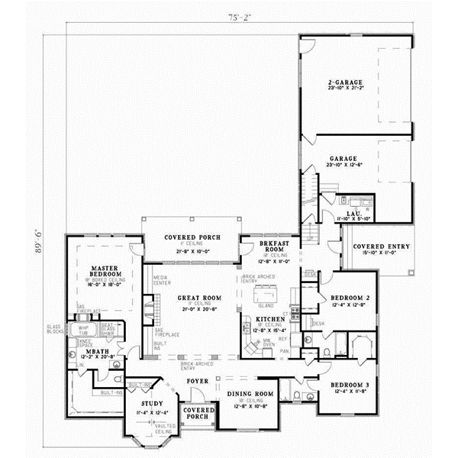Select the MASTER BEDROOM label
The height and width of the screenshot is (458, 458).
pos(102,271)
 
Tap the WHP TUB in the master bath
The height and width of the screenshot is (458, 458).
pos(84,330)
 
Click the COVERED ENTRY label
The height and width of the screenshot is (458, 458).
pos(380,247)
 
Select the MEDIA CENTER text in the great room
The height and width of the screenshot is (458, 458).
pos(160,280)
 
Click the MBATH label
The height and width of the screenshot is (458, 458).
pos(96,351)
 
